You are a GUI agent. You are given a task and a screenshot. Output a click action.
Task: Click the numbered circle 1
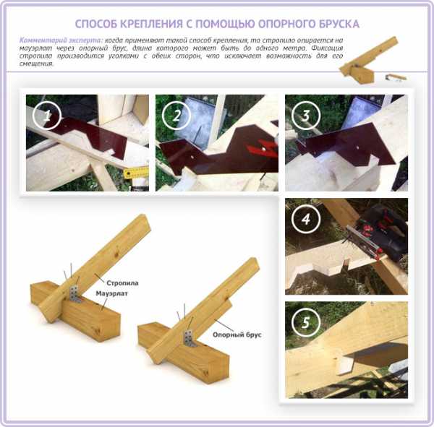click(x=47, y=116)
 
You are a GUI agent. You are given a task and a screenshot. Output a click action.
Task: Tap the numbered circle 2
click(x=176, y=116)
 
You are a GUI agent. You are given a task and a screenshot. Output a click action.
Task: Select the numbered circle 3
click(x=306, y=116)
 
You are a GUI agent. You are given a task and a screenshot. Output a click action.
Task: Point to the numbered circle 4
click(x=306, y=219)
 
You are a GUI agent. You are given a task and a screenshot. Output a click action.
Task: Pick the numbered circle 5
click(x=306, y=322)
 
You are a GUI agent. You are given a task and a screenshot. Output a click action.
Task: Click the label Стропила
click(x=122, y=283)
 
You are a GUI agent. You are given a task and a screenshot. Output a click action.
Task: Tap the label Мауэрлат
click(x=111, y=293)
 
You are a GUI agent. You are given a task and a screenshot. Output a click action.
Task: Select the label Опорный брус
click(x=237, y=335)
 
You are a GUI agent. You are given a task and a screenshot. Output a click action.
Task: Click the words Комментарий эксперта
click(x=61, y=40)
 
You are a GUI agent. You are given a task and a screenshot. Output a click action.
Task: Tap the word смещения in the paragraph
click(x=36, y=64)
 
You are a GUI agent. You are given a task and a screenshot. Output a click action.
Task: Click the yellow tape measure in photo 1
click(x=136, y=173)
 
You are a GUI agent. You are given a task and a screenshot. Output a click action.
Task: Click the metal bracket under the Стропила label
click(x=75, y=294)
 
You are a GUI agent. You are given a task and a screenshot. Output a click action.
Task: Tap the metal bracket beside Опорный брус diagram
click(x=189, y=338)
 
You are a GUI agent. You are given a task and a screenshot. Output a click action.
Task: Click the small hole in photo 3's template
click(x=359, y=148)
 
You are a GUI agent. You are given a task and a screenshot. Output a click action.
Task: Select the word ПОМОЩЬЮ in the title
click(x=225, y=24)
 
